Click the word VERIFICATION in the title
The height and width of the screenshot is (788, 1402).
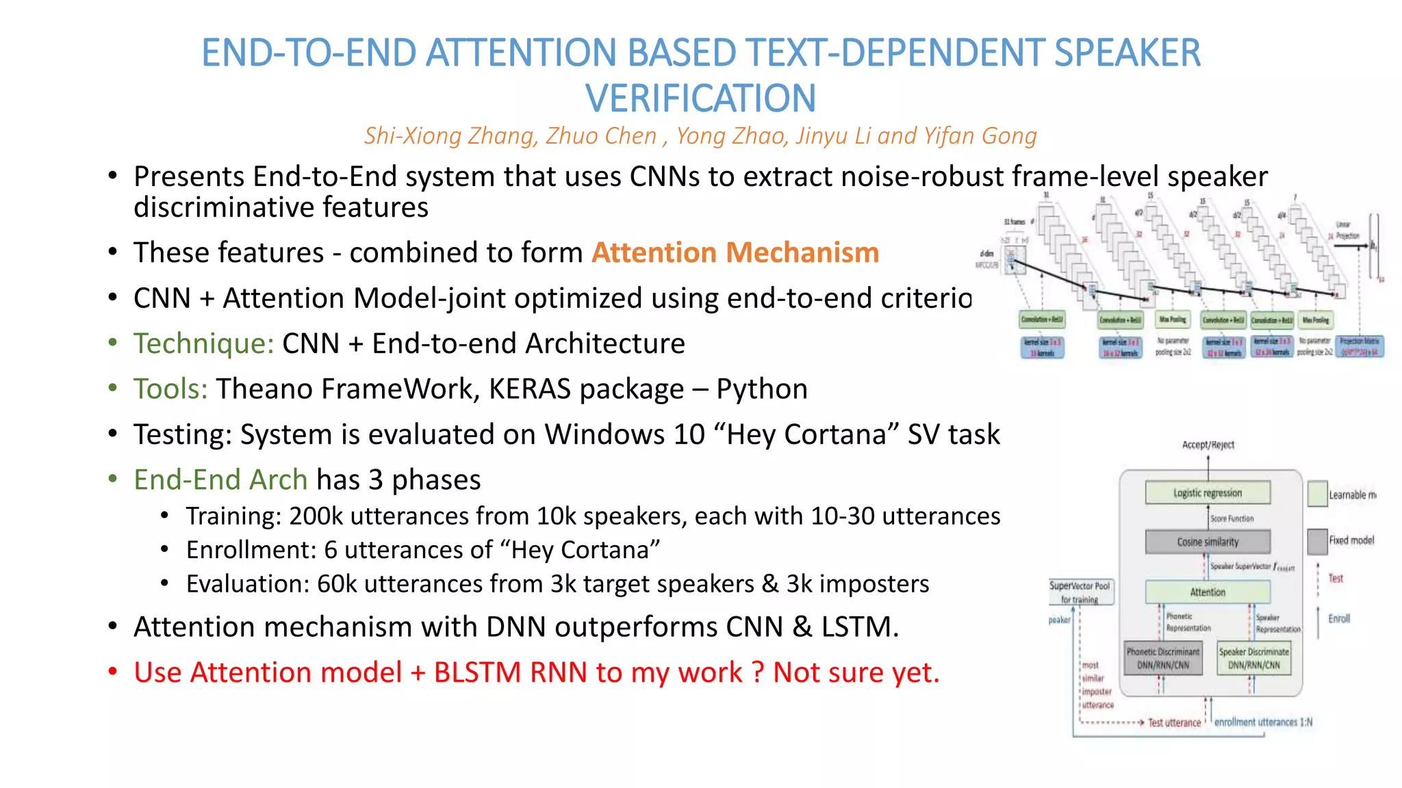(x=700, y=98)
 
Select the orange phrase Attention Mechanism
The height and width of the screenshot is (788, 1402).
(x=735, y=252)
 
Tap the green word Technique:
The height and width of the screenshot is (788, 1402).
(x=203, y=343)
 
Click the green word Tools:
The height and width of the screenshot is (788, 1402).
(x=170, y=389)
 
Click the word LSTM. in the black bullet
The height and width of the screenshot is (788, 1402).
(x=860, y=627)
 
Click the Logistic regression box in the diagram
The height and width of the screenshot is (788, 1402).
(x=1208, y=492)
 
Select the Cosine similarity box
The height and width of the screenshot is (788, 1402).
(x=1208, y=542)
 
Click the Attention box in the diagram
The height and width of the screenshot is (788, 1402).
(x=1208, y=592)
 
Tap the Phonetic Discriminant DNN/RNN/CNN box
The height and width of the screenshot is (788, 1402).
(x=1163, y=658)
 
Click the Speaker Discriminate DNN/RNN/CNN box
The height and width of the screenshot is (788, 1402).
(x=1253, y=658)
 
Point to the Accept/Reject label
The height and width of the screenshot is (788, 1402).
(x=1208, y=445)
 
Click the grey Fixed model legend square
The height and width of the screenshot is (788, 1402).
(x=1317, y=541)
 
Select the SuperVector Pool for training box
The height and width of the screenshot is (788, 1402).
(x=1080, y=592)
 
